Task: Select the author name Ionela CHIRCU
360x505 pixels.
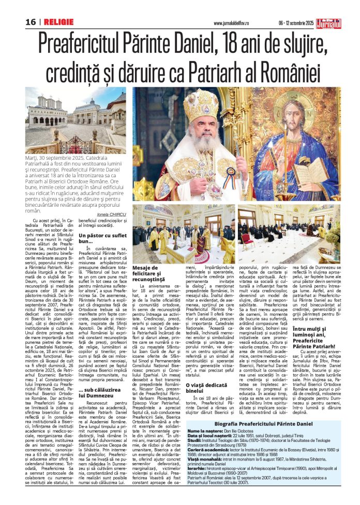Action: [x=111, y=214]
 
